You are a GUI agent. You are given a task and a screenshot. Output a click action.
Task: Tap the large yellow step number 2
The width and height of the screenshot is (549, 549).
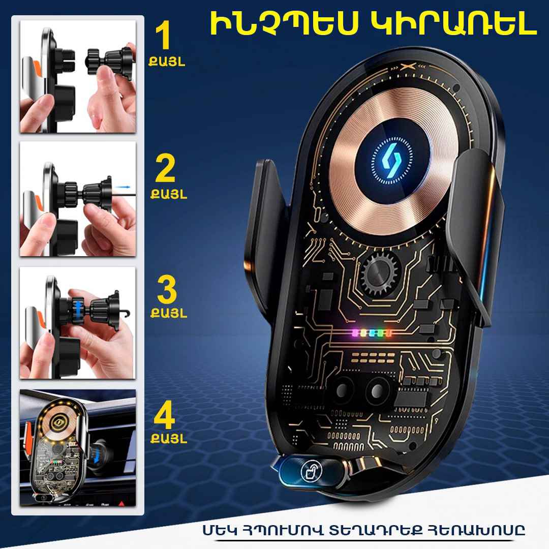(x=165, y=169)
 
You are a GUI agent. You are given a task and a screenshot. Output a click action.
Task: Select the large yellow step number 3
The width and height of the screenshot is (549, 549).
(x=167, y=289)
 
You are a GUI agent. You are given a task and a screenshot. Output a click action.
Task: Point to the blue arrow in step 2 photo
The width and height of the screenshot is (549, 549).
(x=122, y=187)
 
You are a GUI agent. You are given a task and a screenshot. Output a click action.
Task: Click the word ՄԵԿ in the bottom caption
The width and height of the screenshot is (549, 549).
(x=220, y=530)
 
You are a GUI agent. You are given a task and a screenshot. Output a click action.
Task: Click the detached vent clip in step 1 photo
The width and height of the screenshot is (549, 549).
(x=111, y=62)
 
